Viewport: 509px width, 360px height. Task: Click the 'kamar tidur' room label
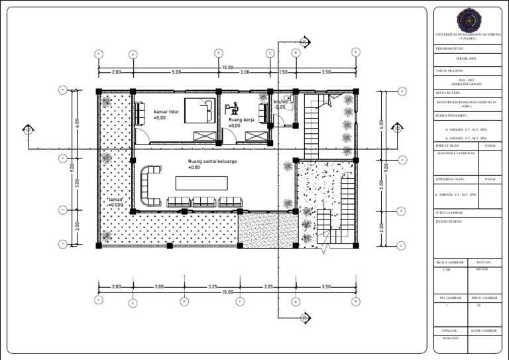coord(166,112)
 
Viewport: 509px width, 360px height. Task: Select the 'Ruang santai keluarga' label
coord(212,161)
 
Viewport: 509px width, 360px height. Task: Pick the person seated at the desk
coord(232,107)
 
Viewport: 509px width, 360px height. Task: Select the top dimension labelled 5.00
coord(176,72)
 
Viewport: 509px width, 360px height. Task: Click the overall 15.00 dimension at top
coord(227,67)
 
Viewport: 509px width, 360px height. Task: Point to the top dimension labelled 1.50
coord(283,72)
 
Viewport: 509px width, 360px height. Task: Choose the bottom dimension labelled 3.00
coord(159,286)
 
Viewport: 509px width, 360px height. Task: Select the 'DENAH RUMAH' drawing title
coord(449,222)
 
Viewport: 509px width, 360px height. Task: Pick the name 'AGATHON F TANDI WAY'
coord(456,152)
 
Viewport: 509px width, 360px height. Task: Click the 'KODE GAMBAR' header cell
coord(484,330)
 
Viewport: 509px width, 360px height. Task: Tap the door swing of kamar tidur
coord(144,138)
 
